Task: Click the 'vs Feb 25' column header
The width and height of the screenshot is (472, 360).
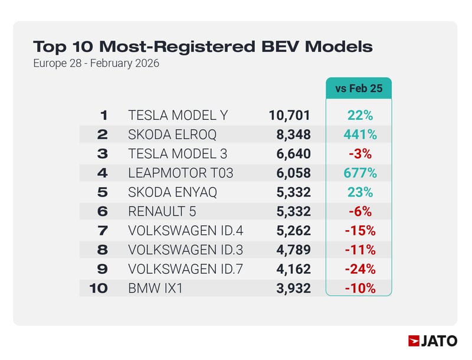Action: tap(359, 89)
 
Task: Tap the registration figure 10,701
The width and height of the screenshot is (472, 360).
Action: tap(289, 116)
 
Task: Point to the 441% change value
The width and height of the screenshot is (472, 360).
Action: tap(360, 135)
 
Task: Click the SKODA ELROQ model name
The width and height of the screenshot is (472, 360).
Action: tap(172, 135)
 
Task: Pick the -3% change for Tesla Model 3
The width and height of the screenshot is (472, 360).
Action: tap(360, 154)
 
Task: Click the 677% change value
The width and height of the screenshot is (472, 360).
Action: tap(360, 174)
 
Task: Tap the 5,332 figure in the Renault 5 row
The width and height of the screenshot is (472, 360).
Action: tap(293, 212)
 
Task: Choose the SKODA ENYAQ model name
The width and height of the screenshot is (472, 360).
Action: tap(172, 192)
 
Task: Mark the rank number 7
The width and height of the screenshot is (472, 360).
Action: tap(103, 231)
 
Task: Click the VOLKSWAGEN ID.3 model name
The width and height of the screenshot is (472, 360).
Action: tap(185, 250)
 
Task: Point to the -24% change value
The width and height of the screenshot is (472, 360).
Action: tap(360, 269)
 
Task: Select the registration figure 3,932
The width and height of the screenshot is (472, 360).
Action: tap(293, 289)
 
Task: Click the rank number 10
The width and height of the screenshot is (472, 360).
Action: tap(99, 289)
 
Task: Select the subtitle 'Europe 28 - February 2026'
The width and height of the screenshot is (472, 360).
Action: tap(96, 63)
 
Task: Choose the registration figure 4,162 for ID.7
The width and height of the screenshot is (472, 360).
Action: tap(293, 269)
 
